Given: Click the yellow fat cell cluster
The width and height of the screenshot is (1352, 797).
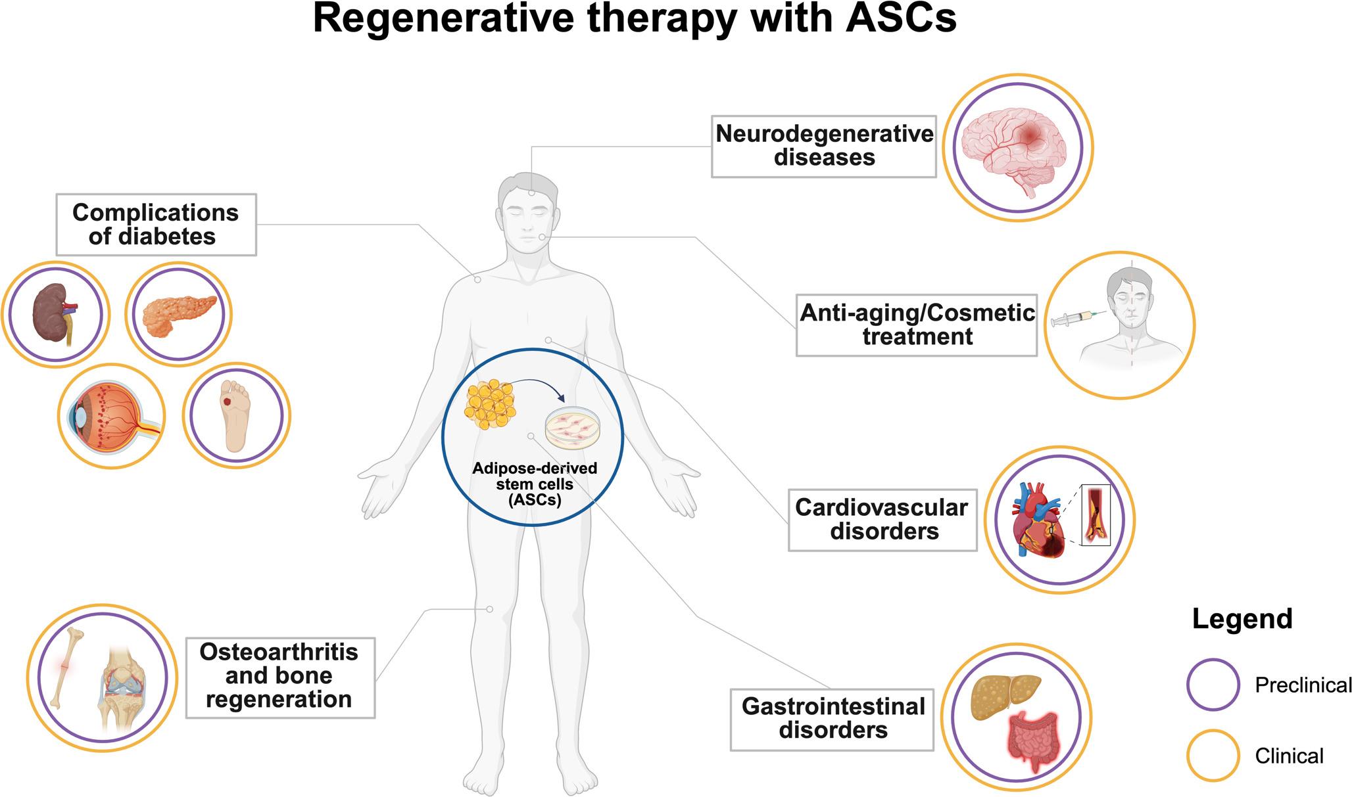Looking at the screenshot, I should tap(490, 404).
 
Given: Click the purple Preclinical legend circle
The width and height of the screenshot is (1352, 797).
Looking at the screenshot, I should tap(1213, 685).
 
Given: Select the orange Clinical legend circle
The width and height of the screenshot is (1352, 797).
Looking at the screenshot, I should tap(1213, 756).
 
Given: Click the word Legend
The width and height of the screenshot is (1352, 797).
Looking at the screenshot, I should tap(1242, 619).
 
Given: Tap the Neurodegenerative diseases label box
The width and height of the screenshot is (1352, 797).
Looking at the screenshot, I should tap(824, 146).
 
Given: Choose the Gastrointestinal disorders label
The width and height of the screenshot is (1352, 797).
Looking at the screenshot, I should tap(833, 718).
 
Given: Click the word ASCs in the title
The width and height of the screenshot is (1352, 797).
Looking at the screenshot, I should tap(900, 18).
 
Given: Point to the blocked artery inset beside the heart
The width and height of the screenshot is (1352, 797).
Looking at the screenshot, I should tap(1096, 515).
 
